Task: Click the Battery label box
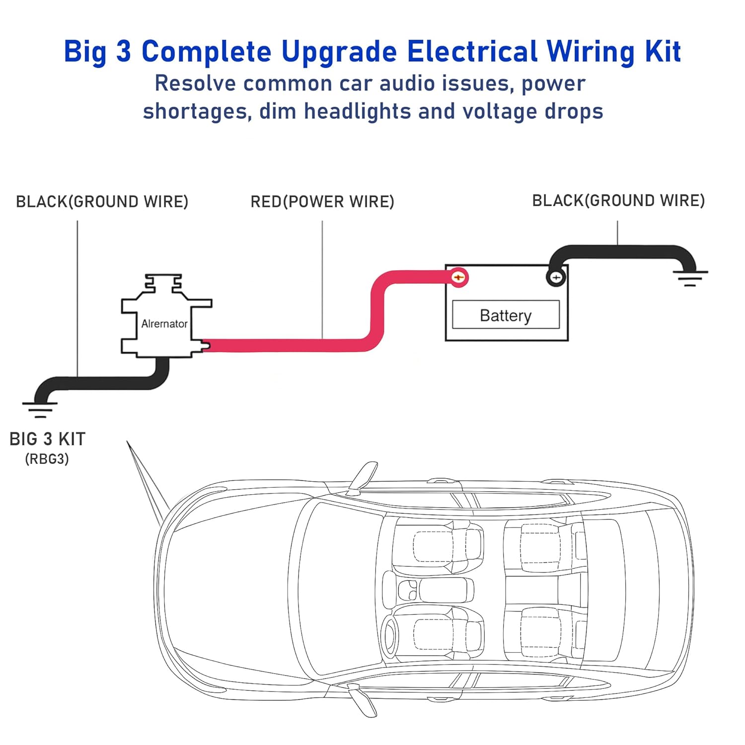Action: (x=506, y=315)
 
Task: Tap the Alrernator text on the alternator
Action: (x=164, y=324)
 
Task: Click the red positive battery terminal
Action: (x=459, y=277)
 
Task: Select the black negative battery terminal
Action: (x=556, y=278)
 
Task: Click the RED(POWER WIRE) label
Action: (x=322, y=202)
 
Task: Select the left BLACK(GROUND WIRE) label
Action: (x=102, y=202)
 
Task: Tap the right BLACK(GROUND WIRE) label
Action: (x=618, y=201)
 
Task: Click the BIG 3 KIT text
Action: (x=48, y=439)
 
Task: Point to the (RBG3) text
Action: (x=47, y=459)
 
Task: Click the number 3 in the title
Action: (x=123, y=52)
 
